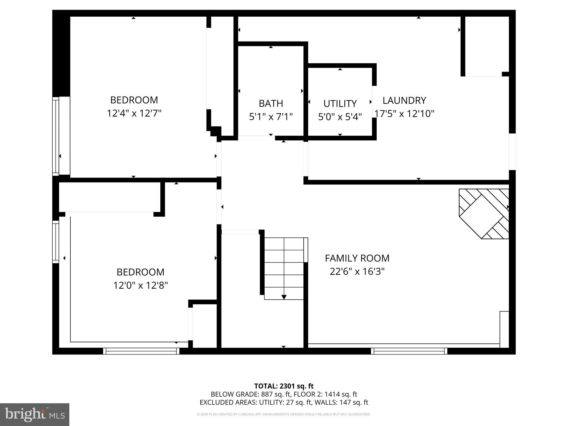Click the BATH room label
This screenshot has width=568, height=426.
point(271,103)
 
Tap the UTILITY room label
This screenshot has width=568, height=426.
point(340,104)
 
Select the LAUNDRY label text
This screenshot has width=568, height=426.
point(404,100)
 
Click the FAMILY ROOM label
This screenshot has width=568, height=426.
point(357,258)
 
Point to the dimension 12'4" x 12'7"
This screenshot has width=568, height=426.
point(134,113)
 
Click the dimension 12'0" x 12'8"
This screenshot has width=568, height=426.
point(140,285)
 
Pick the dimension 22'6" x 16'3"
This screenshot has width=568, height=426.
point(357,272)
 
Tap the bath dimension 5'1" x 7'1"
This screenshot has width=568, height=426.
point(271,117)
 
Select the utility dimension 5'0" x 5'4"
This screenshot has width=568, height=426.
point(340,117)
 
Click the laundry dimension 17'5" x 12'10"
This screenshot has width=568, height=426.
point(404,114)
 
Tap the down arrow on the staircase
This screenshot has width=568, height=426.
point(284,297)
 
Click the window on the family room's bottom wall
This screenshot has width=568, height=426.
point(409,351)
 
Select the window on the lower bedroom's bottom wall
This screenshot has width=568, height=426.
point(141,351)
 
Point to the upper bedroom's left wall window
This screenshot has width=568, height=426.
point(56,136)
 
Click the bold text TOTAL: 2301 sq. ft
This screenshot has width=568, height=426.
point(284,386)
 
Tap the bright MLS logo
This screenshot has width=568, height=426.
point(34,414)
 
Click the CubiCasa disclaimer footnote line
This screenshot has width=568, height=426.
point(284,414)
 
